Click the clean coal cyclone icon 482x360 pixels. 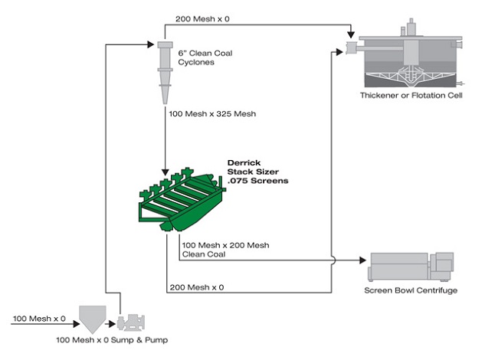point(165,73)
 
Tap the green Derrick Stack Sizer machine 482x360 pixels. point(182,200)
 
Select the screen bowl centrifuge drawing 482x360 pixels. point(411,267)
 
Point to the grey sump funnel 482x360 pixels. point(93,319)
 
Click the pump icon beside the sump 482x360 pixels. point(131,322)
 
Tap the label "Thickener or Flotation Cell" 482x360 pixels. point(411,95)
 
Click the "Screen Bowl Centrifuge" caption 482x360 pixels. point(411,290)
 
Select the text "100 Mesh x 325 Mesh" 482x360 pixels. point(212,113)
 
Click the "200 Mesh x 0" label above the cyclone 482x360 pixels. point(202,18)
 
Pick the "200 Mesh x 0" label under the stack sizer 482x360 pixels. point(197,287)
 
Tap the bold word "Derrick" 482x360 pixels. point(244,162)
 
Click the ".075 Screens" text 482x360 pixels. point(258,181)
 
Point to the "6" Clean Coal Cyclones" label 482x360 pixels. point(205,57)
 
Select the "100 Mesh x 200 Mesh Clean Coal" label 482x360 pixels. point(225,250)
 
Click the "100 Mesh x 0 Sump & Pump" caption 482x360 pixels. point(112,340)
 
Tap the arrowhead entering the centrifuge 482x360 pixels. point(362,260)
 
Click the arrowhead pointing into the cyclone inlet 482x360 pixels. point(151,44)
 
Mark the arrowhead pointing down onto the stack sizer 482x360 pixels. point(165,172)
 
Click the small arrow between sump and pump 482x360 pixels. point(110,324)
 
